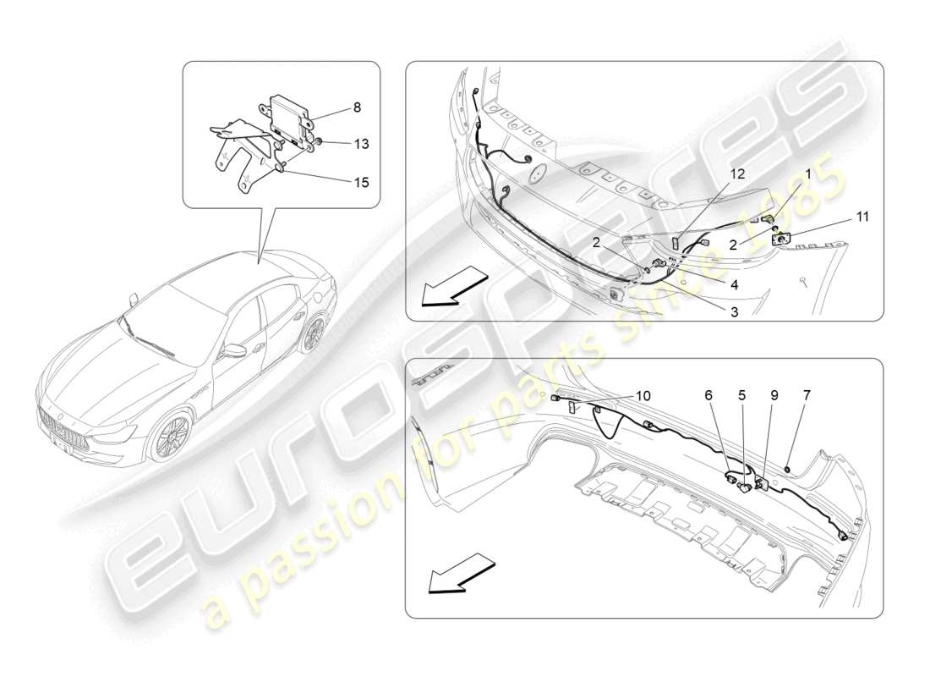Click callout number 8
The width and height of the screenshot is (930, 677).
coord(356,108)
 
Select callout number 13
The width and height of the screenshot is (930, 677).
coord(361,145)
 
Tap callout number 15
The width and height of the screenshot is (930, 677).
coord(361,181)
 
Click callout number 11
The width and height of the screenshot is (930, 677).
coord(862,217)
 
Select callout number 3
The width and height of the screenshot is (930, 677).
coord(734,312)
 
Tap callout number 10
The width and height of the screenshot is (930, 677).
coord(643,395)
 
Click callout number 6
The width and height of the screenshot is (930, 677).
coord(708,394)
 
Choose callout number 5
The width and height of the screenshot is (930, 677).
coord(741,394)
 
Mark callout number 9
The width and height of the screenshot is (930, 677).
coord(774,394)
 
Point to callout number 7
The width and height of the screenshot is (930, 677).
coord(807,394)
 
